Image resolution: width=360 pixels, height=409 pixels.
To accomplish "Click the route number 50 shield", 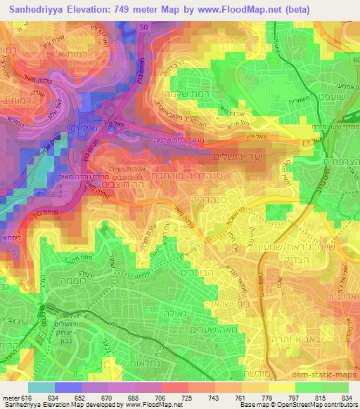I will (x=143, y=25).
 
